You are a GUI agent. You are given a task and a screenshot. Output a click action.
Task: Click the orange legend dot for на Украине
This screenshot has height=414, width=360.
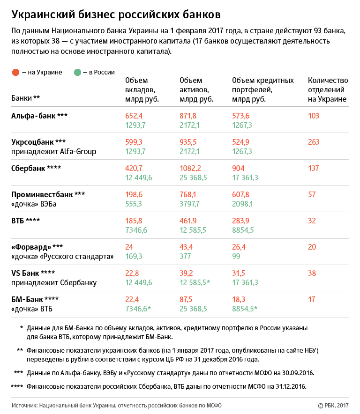[15, 72]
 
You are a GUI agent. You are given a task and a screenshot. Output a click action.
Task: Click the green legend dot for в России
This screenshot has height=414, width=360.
[77, 72]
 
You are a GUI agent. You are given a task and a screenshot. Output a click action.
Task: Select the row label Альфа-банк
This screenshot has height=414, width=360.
[33, 116]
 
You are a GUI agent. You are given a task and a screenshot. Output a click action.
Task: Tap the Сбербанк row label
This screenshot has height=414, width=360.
[28, 168]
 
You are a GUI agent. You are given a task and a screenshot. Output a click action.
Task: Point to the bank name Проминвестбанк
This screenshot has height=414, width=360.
[42, 195]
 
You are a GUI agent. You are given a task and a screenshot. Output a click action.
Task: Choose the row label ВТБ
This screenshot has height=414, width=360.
[17, 221]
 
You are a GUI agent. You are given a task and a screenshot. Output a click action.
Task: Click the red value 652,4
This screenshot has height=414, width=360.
[134, 116]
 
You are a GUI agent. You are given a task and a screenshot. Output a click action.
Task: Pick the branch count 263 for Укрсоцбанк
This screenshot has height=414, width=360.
[314, 142]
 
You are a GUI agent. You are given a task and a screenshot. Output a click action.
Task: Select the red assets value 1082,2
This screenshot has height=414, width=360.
[190, 168]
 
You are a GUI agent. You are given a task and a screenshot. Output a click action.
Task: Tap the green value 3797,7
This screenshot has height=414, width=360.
[189, 204]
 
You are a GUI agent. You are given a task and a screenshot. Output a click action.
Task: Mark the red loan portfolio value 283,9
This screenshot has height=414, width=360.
[240, 221]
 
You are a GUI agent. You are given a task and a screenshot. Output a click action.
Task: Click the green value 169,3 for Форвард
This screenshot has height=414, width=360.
[134, 256]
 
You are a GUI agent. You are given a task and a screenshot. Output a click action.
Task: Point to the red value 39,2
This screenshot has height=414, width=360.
[186, 274]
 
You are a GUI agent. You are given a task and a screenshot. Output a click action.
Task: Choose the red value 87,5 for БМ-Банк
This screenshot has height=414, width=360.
[186, 299]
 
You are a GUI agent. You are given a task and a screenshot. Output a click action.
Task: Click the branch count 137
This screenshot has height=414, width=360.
[314, 168]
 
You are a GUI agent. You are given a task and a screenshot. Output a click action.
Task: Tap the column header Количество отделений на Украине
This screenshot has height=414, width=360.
[328, 90]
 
